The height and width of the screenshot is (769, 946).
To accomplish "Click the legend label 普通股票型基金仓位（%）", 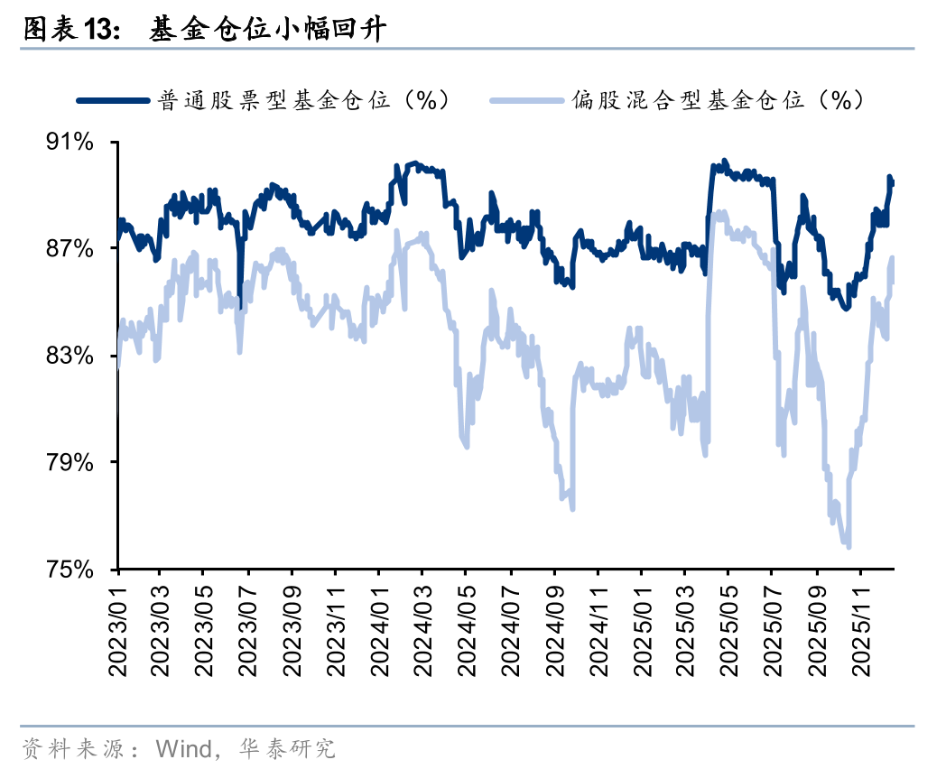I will [x=303, y=100].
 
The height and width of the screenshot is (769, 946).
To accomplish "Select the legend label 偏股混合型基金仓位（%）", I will [x=718, y=100].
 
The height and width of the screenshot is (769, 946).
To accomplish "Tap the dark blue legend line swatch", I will [x=112, y=100].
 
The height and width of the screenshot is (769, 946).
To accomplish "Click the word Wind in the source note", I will [x=181, y=748].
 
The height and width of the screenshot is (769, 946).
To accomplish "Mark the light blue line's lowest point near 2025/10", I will [x=848, y=545].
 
